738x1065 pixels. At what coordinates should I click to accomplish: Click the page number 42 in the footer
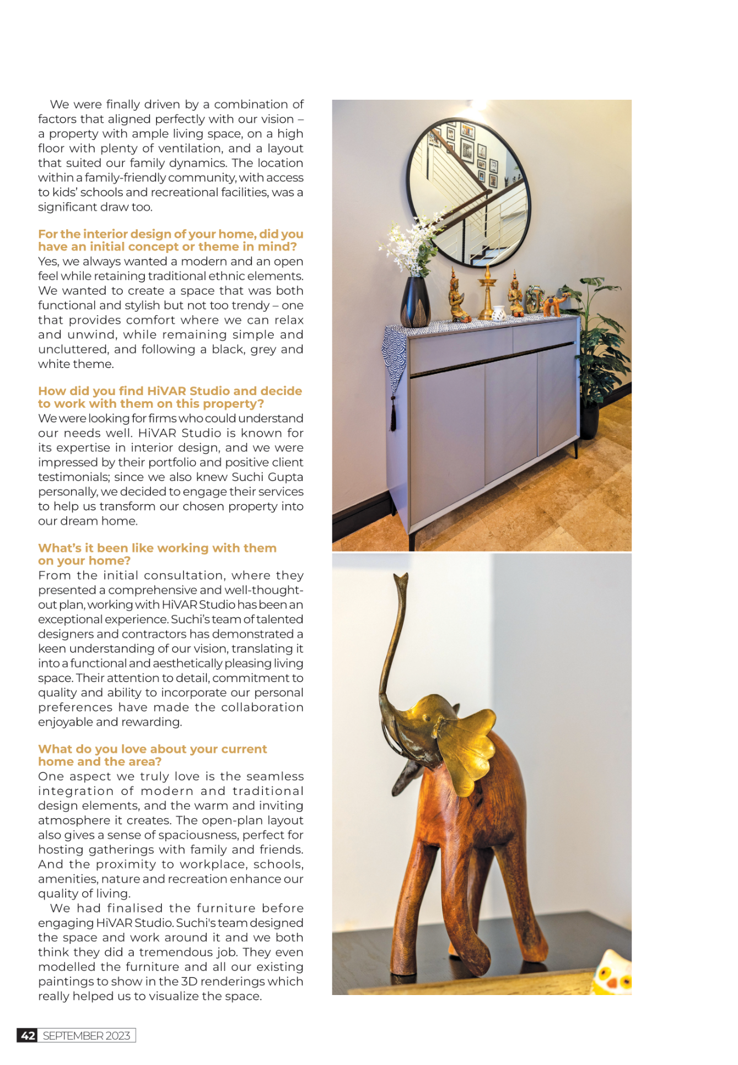[28, 1035]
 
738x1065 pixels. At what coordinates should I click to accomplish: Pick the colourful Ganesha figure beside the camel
[534, 299]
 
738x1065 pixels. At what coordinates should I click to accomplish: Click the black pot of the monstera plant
[589, 421]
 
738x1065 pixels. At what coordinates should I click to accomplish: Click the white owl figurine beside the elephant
[613, 975]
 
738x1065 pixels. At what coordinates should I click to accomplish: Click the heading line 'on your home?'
[84, 561]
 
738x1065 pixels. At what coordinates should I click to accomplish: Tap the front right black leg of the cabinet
[575, 449]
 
